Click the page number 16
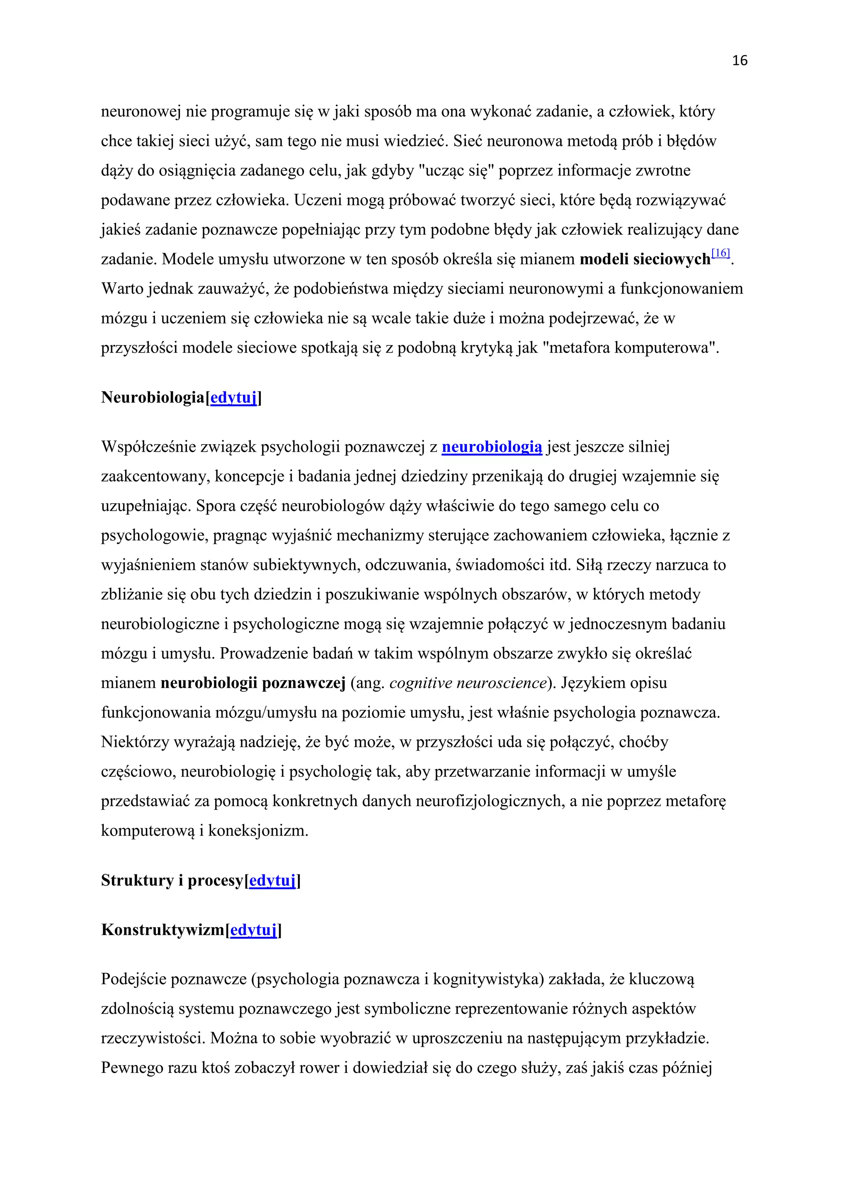pos(739,61)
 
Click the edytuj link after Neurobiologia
pos(233,398)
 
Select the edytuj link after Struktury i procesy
pos(272,880)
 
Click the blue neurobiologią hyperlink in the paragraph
pos(491,447)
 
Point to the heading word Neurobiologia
pos(153,398)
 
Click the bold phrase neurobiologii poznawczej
pos(253,683)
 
